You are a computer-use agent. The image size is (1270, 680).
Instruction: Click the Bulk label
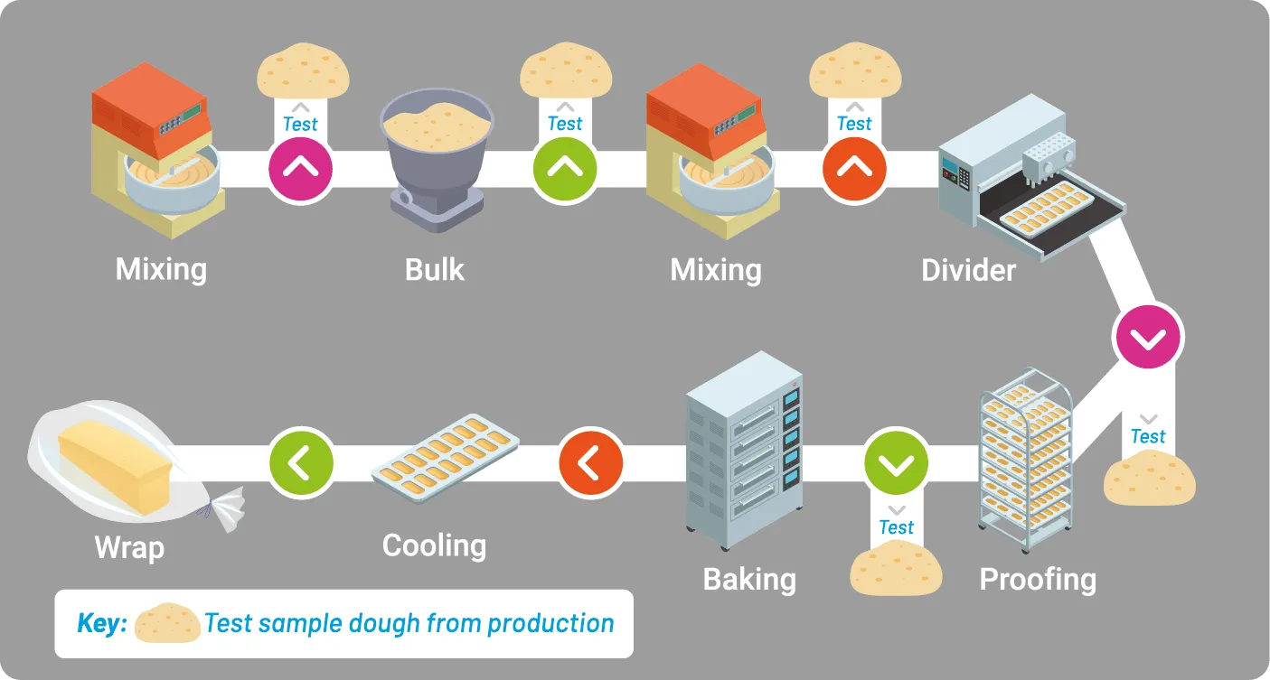(434, 269)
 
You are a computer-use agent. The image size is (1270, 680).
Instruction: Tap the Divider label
(968, 269)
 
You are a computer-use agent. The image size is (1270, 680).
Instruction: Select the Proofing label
(1038, 579)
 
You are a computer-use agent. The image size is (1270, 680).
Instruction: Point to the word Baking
(749, 579)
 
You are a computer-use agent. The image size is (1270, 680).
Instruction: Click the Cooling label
(434, 545)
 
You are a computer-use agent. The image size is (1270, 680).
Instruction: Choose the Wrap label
(129, 547)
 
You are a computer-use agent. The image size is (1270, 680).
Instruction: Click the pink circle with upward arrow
(300, 169)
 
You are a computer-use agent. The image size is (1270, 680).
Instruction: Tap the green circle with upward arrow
(565, 169)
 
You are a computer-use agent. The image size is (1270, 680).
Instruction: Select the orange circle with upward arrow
(854, 169)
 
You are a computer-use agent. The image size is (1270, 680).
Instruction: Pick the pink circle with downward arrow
(1148, 337)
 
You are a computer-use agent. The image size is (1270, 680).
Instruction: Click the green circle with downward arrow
(897, 464)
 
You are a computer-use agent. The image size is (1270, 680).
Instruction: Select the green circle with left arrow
(301, 464)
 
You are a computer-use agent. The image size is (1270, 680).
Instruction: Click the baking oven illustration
(743, 452)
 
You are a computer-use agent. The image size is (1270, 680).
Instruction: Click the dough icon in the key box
(167, 623)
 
